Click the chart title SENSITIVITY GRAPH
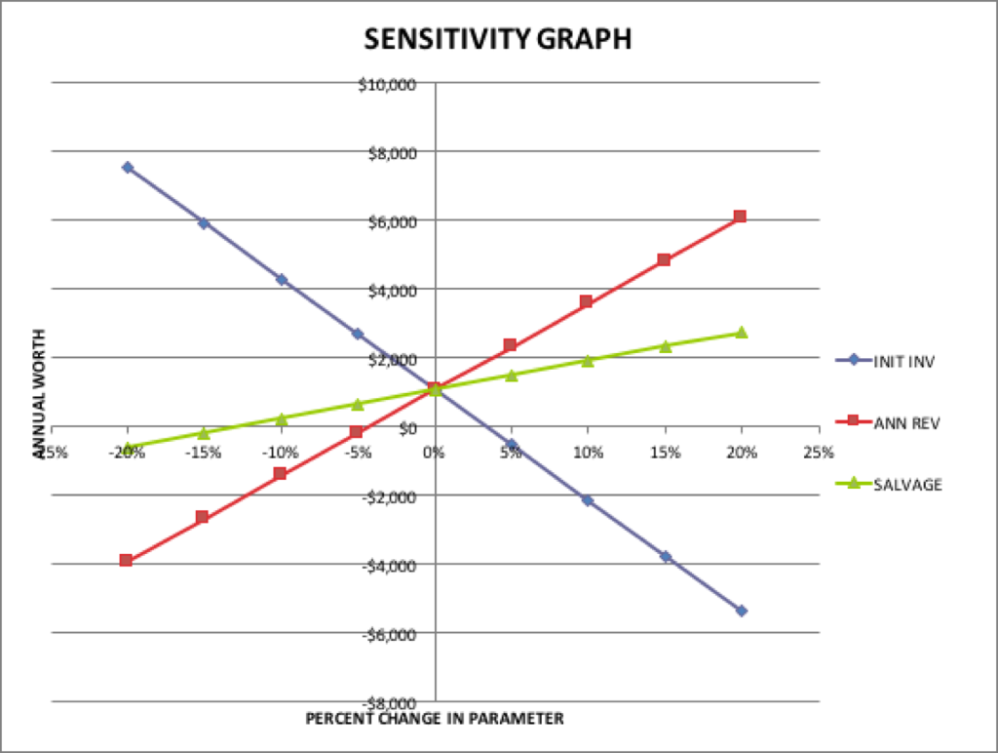498,39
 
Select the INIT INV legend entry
889,360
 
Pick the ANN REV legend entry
888,422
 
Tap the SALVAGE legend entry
889,484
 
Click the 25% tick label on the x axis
819,452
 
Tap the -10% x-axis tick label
281,452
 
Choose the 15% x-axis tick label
665,452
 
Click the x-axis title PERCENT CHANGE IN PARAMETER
435,719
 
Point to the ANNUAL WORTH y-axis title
40,399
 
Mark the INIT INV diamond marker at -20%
128,168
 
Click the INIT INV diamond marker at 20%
742,611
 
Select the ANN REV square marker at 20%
741,217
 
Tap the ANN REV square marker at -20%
127,560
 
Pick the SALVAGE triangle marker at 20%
742,333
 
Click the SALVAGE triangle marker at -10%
281,418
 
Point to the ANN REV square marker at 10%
587,301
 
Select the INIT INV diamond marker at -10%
282,280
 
